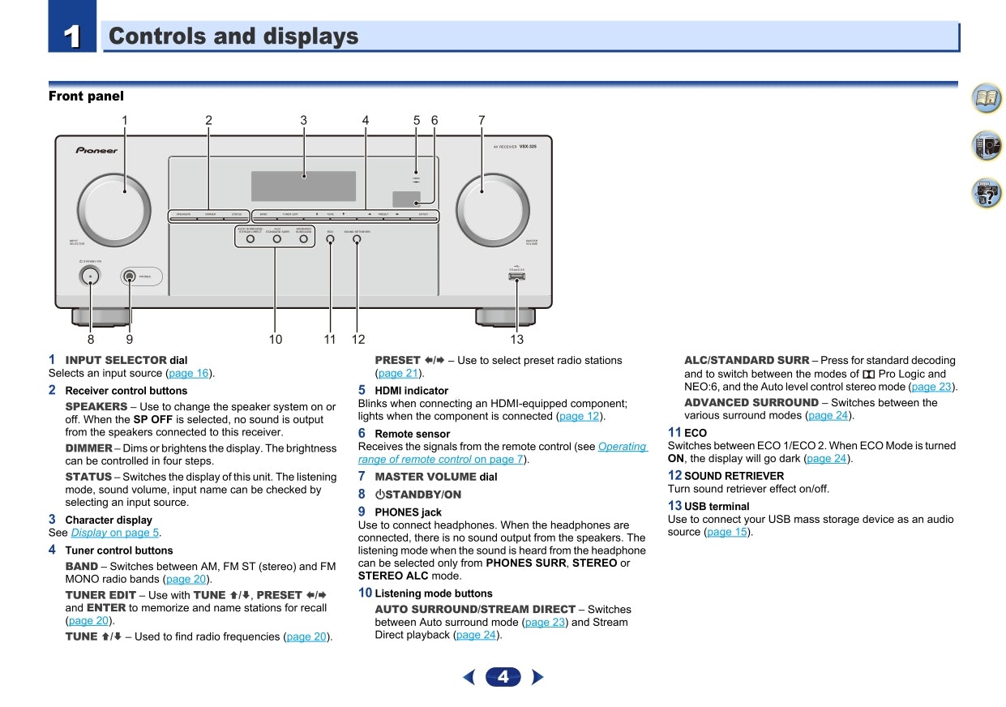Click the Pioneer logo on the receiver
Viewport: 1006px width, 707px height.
point(96,150)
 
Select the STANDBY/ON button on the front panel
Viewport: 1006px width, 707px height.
point(90,276)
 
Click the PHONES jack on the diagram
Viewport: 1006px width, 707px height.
point(129,276)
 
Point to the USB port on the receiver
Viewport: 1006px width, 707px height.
point(516,276)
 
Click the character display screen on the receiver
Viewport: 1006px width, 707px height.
point(303,186)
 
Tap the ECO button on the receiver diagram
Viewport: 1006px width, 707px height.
point(330,240)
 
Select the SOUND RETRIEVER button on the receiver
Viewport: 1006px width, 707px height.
point(357,240)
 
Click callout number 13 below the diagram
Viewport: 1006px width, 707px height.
point(516,339)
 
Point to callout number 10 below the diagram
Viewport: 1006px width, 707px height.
point(276,339)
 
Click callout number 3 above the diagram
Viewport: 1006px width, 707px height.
point(303,120)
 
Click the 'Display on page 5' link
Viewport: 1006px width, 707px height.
point(114,533)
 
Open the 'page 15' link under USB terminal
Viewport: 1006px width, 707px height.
point(726,532)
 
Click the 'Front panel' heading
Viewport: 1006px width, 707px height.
point(86,96)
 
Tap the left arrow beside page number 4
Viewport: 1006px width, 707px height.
point(469,677)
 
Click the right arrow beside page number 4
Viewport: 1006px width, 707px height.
point(537,677)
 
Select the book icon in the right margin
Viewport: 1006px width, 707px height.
point(987,99)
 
